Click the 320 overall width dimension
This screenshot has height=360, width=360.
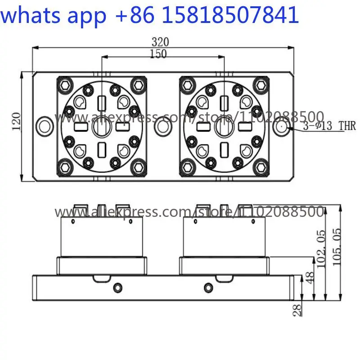tap(160, 42)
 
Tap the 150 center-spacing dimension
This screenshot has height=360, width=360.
tap(158, 54)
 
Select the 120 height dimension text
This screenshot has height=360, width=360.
tap(16, 121)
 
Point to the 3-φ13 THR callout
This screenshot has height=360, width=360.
tap(329, 126)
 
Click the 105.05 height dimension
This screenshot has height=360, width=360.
tap(337, 247)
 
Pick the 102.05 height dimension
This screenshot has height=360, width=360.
tap(321, 249)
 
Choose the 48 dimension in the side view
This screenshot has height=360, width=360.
tap(310, 278)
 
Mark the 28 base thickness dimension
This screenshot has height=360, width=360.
tap(297, 310)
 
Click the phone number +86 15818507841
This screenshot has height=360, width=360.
tap(207, 15)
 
